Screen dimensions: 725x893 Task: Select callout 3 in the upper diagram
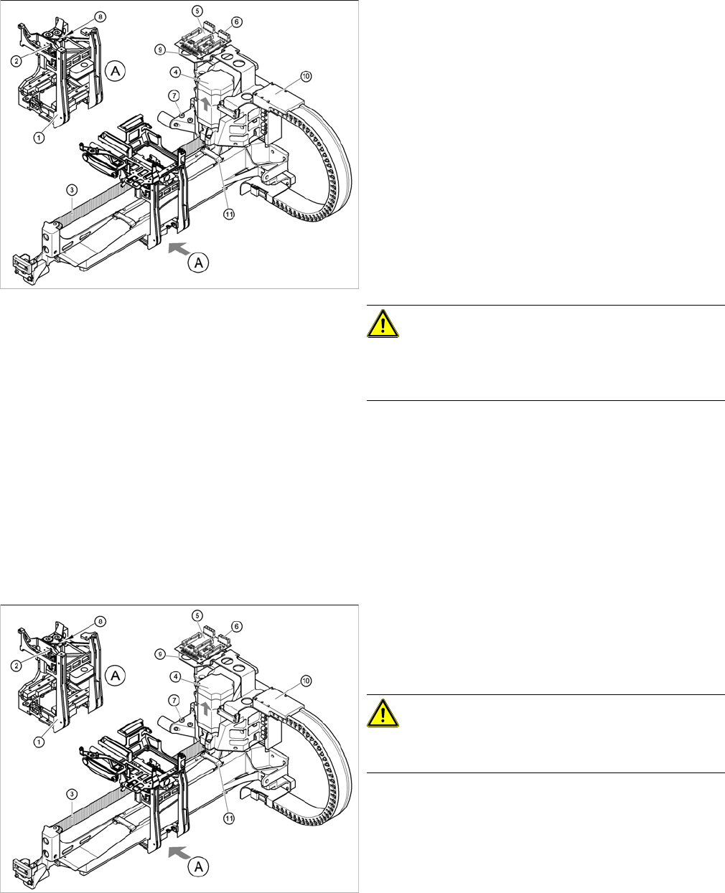pyautogui.click(x=70, y=189)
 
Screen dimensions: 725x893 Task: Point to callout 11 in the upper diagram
pyautogui.click(x=229, y=214)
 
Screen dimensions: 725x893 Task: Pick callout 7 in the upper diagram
pyautogui.click(x=173, y=95)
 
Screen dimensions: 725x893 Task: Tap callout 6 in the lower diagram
pyautogui.click(x=238, y=626)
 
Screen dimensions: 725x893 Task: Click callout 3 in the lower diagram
pyautogui.click(x=70, y=793)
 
